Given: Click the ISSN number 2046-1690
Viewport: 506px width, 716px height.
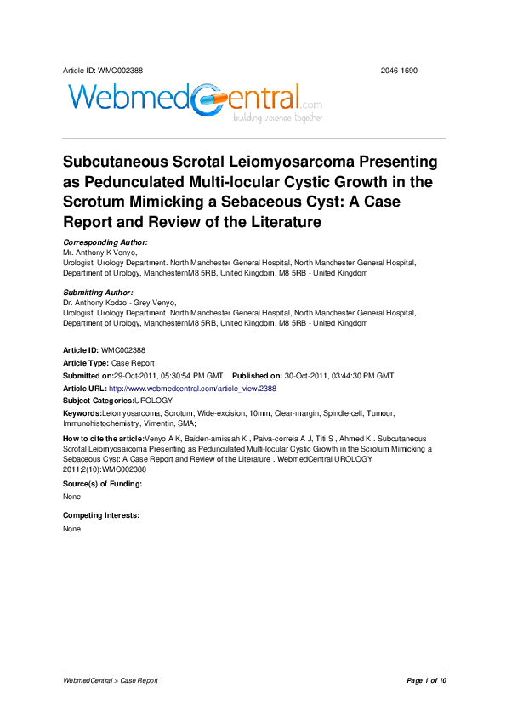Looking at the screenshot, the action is [399, 71].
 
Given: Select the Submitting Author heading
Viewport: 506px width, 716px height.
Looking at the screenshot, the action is [99, 292].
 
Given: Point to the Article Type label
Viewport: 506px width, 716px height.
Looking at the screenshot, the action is [86, 363].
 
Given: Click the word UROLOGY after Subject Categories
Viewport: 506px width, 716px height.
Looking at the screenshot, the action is [154, 400].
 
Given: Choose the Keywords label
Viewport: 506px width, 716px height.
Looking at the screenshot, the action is [82, 412].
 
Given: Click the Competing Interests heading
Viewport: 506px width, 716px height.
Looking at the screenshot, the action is [100, 516].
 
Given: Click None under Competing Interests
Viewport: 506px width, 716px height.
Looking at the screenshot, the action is [72, 529].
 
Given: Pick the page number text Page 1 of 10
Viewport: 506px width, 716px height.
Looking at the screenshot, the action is [426, 681].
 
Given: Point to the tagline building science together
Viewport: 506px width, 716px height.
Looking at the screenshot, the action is [278, 118].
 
